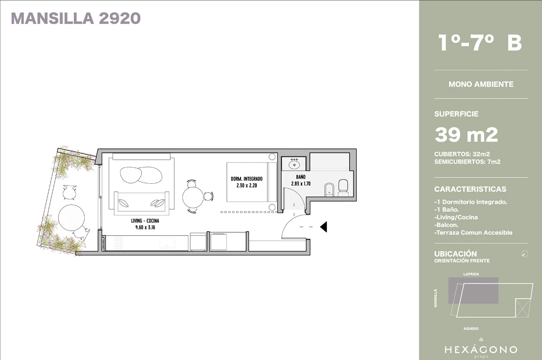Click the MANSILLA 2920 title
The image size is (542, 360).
[x=75, y=19]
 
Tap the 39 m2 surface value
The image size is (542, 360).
[x=467, y=135]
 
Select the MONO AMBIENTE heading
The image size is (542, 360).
[x=481, y=84]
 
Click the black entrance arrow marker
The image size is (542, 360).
[x=323, y=227]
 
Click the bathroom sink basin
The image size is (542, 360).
[x=294, y=164]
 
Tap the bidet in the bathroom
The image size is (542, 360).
[x=330, y=189]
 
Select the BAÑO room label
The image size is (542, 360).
[x=301, y=177]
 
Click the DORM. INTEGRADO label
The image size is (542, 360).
[x=247, y=179]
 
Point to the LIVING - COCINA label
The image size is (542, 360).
[x=145, y=221]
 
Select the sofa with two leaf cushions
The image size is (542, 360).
[x=142, y=202]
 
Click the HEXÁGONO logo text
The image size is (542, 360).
[x=481, y=349]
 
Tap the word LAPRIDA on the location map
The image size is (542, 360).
[x=471, y=274]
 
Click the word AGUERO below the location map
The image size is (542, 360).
[x=471, y=329]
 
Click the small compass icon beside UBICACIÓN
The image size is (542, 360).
[x=524, y=254]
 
